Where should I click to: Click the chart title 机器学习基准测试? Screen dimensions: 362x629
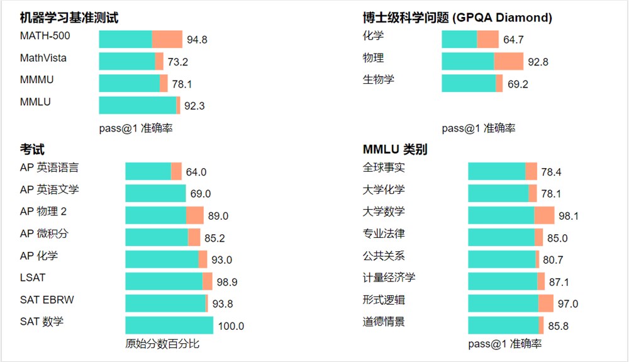coord(69,18)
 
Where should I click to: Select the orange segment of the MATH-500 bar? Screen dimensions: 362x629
coord(167,39)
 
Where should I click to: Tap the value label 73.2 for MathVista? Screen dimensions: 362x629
coord(177,62)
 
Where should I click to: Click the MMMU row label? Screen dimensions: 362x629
coord(36,80)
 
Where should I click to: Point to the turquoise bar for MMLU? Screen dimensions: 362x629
coord(137,105)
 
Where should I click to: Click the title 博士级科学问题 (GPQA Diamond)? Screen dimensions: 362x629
coord(457,18)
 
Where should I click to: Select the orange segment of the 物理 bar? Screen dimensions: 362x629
coord(508,61)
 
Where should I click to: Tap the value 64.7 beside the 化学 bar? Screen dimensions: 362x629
coord(513,40)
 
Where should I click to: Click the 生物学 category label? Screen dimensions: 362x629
coord(379,80)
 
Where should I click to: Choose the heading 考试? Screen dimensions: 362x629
coord(32,149)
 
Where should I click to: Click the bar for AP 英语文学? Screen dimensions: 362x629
coord(155,193)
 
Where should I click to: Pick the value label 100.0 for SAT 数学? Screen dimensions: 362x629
coord(231,326)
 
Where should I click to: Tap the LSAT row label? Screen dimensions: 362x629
coord(33,278)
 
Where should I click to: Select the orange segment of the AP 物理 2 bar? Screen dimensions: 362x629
coord(195,215)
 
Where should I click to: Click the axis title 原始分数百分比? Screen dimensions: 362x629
coord(162,344)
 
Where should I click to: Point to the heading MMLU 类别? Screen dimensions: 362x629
coord(395,149)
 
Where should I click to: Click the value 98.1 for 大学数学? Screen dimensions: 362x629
coord(569,216)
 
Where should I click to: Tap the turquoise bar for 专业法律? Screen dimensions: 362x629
coord(501,237)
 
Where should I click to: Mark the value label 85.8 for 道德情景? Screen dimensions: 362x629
coord(559,326)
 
